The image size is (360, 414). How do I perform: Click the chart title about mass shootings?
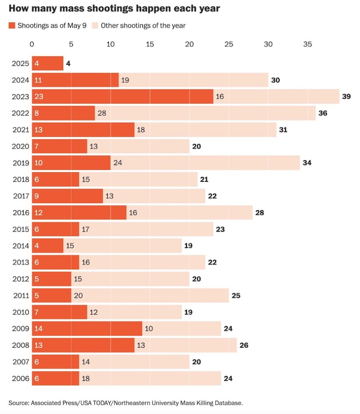(114, 8)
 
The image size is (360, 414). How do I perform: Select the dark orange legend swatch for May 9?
(12, 25)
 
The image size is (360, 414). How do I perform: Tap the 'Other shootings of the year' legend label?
(143, 25)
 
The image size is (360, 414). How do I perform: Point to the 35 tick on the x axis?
(307, 44)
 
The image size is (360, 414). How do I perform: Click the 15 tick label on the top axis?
(150, 44)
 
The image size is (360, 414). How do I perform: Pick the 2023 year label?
(20, 97)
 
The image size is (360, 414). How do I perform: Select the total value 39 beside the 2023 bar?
(346, 97)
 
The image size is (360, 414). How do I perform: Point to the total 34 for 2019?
(307, 163)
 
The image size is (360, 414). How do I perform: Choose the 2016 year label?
(20, 213)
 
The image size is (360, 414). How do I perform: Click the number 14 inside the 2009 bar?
(39, 329)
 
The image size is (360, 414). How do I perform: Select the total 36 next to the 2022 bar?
(323, 113)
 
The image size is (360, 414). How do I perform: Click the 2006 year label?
(20, 378)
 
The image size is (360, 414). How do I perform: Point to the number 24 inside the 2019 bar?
(118, 163)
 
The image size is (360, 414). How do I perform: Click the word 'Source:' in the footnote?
(19, 403)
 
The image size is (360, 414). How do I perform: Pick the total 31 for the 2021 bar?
(283, 130)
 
